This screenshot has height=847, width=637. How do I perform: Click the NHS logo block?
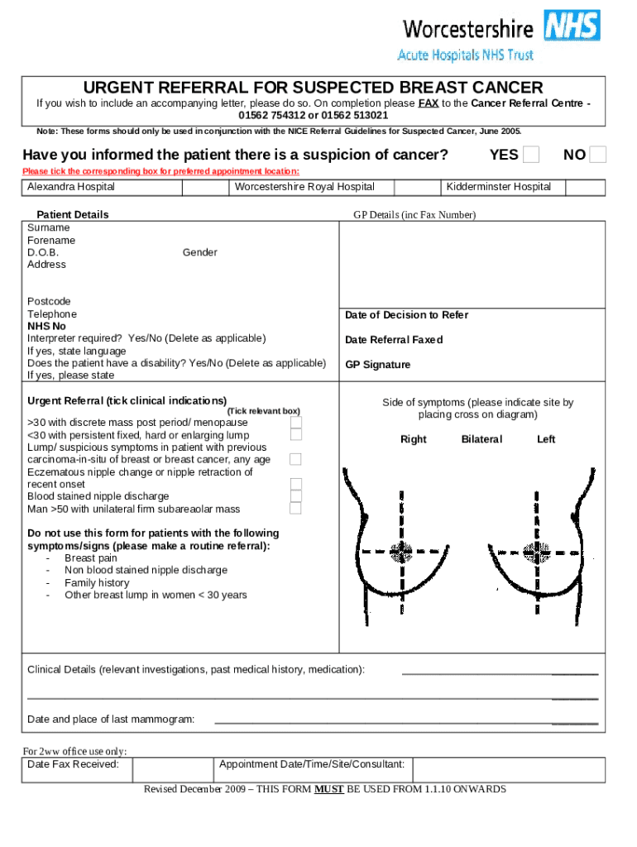tap(572, 26)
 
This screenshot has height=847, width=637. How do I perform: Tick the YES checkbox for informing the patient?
tap(531, 155)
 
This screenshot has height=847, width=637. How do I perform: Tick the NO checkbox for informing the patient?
tap(598, 155)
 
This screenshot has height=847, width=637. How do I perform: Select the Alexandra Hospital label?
tap(71, 187)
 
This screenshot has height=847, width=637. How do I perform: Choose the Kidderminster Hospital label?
tap(499, 187)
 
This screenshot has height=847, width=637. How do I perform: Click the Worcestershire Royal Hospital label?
tap(304, 187)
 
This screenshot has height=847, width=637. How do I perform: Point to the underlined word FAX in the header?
tap(428, 103)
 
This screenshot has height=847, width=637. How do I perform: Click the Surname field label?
tap(49, 227)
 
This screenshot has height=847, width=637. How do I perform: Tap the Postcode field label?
tap(49, 302)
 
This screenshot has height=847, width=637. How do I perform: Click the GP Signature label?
tap(377, 365)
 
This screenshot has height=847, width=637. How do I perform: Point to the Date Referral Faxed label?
tap(394, 340)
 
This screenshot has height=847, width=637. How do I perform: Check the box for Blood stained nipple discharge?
tap(295, 496)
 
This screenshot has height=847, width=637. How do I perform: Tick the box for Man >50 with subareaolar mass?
tap(295, 509)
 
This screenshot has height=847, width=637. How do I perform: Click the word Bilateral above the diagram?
tap(481, 439)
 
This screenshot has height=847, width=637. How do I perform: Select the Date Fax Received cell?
tap(73, 764)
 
